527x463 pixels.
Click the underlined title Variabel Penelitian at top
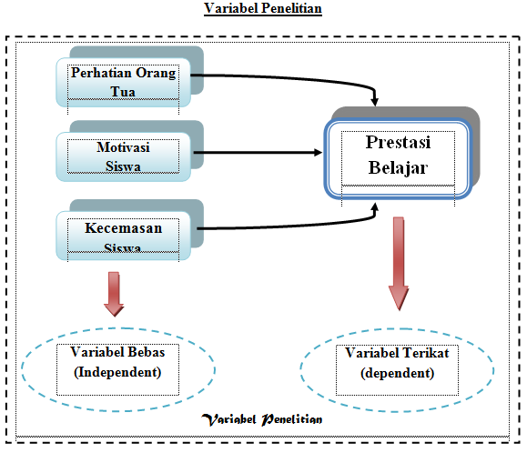pos(263,9)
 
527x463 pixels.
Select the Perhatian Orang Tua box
pos(124,82)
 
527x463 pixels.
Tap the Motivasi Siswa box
pos(124,156)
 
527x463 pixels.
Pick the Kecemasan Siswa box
pos(124,236)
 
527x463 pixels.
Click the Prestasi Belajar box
pos(399,158)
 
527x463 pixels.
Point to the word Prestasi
pos(398,143)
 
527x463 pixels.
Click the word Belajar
pos(398,168)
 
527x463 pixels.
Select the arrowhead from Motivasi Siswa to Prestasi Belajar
pos(318,153)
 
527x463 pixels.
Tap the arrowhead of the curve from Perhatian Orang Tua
pos(375,102)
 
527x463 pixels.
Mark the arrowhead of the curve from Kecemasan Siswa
pos(375,206)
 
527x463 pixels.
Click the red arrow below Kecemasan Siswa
pos(114,294)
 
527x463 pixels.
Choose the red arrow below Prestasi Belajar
pos(399,264)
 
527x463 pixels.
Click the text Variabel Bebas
pos(117,352)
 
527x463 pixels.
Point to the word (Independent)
pos(117,372)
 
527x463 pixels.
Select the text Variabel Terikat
pos(397,353)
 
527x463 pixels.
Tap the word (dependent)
pos(397,373)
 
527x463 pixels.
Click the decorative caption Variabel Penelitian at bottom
pos(262,419)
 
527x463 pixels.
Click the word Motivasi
pos(124,147)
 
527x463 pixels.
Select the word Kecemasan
pos(124,228)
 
